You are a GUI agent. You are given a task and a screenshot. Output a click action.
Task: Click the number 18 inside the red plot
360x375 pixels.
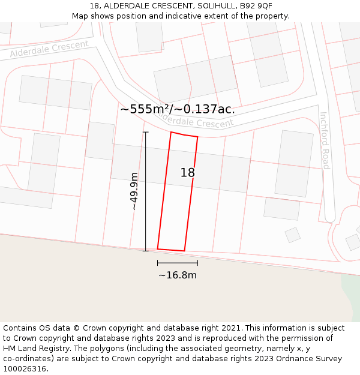[x=187, y=173]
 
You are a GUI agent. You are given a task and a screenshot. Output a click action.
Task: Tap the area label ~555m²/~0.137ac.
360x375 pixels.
[x=177, y=109]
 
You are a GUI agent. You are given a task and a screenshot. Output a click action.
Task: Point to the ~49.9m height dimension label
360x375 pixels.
[x=134, y=191]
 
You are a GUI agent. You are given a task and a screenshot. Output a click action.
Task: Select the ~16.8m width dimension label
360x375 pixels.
[x=178, y=275]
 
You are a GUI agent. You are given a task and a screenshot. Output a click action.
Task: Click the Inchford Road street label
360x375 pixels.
[x=325, y=140]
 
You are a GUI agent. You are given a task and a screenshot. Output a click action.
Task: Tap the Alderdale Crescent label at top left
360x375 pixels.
[x=49, y=49]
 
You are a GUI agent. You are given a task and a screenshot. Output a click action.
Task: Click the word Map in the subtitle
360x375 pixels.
[x=80, y=16]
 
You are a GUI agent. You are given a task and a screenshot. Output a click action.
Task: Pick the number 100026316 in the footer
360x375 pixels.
[x=25, y=369]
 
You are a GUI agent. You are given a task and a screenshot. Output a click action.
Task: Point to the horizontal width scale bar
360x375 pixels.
[x=178, y=263]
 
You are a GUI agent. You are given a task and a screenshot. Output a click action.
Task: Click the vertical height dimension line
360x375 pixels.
[x=146, y=191]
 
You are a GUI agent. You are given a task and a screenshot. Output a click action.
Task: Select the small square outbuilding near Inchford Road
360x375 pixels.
[x=292, y=235]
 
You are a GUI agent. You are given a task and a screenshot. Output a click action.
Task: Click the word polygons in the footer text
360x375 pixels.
[x=116, y=349]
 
